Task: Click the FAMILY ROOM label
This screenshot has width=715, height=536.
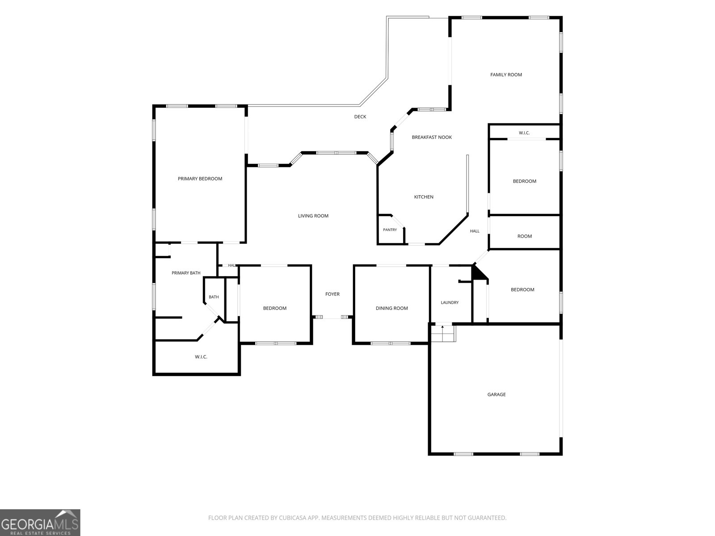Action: click(x=506, y=75)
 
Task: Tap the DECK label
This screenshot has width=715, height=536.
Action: click(x=360, y=117)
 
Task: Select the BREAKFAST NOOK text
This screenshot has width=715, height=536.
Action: click(x=432, y=137)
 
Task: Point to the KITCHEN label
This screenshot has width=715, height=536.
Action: click(x=424, y=197)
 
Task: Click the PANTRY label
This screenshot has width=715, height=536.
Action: click(x=390, y=230)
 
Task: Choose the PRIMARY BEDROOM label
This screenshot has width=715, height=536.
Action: click(x=200, y=179)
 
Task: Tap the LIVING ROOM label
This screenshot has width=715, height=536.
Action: click(x=313, y=216)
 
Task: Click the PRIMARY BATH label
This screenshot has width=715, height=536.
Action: click(x=186, y=273)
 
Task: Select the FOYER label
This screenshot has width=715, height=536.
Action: click(x=332, y=294)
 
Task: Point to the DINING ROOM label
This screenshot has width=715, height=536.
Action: click(x=391, y=308)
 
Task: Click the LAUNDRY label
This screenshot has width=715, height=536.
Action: click(x=450, y=303)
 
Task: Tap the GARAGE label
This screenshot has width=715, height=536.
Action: click(x=496, y=394)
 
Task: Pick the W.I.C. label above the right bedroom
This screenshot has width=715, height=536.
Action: click(x=524, y=133)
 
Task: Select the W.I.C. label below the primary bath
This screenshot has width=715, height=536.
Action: click(x=201, y=357)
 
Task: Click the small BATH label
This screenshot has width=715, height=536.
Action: click(x=214, y=297)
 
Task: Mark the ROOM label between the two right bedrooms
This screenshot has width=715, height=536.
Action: click(x=525, y=236)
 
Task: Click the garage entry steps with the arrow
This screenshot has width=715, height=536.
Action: click(x=443, y=333)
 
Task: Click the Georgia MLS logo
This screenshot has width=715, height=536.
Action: click(x=40, y=523)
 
